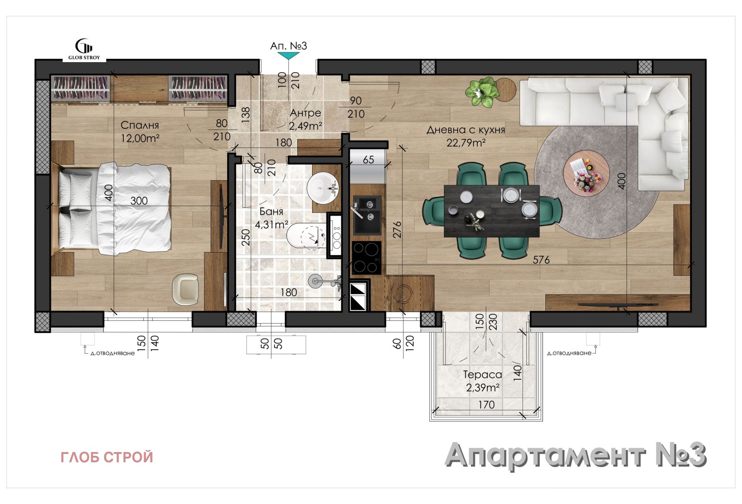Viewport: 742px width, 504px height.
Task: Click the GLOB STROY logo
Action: tap(84, 49)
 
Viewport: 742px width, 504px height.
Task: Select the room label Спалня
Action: tap(140, 125)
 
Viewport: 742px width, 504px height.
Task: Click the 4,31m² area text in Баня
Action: tap(271, 225)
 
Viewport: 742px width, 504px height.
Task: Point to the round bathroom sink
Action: tap(323, 188)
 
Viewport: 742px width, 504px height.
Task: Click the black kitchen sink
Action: tap(367, 215)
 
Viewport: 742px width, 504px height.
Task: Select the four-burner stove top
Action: tap(366, 258)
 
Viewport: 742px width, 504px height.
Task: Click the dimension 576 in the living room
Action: tap(541, 260)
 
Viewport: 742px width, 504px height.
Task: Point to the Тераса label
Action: tap(482, 375)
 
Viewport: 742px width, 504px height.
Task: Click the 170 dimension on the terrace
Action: tap(486, 405)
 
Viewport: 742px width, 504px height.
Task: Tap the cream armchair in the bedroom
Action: tap(185, 288)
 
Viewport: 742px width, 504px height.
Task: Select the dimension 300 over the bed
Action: tap(139, 201)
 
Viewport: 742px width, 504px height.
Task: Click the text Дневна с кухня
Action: tap(466, 130)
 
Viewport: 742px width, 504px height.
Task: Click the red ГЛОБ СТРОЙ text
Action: tap(107, 457)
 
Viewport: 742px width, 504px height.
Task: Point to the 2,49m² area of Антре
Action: tap(305, 126)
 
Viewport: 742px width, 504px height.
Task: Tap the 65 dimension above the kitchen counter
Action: tap(368, 160)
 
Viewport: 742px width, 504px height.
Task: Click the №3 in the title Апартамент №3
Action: tap(680, 455)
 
